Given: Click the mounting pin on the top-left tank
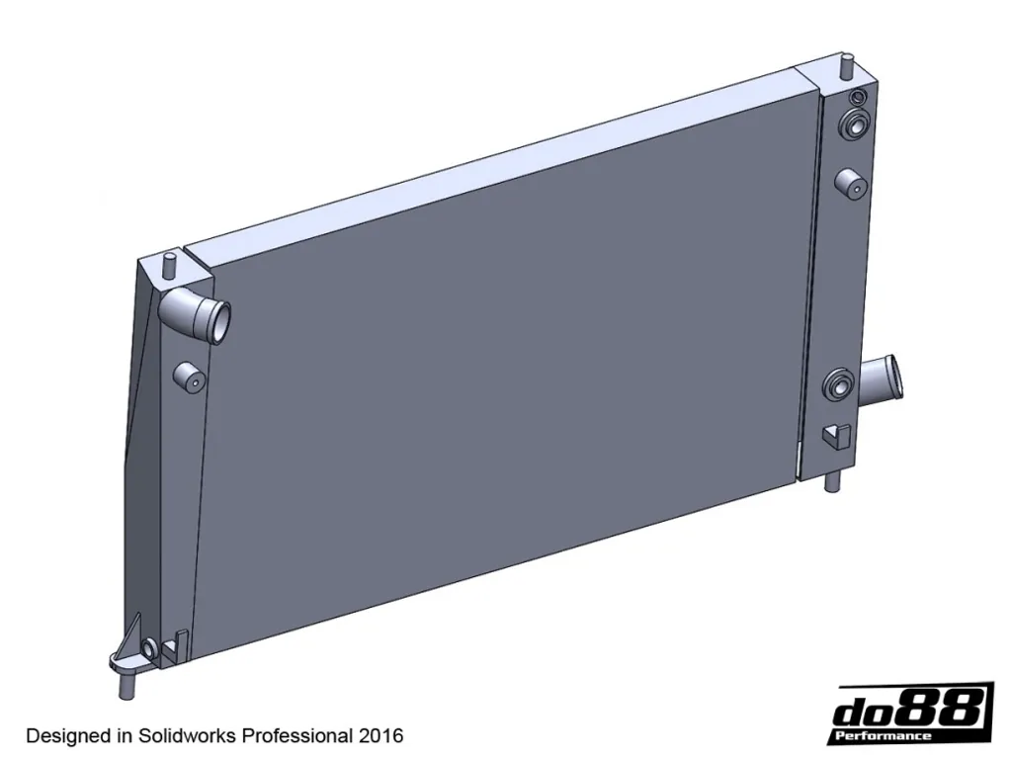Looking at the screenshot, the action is pos(170,265).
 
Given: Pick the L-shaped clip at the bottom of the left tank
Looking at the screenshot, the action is pos(176,646).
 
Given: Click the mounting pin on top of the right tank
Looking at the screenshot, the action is pos(847,66).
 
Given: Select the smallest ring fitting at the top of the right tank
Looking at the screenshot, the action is pos(858,98).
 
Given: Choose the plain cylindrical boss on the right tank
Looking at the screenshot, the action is pos(851,185).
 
